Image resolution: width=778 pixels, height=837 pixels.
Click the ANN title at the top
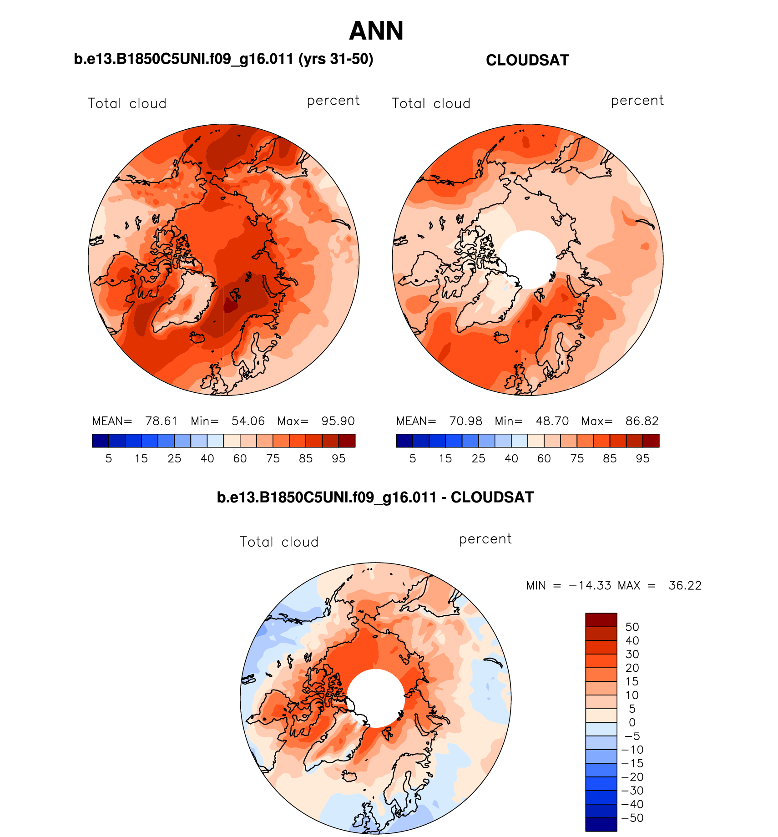376,31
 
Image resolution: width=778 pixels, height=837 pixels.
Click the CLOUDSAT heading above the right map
527,60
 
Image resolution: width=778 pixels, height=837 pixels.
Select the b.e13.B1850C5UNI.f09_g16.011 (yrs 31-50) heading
223,59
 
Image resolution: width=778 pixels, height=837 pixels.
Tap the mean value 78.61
161,421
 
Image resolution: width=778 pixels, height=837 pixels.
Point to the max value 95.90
338,421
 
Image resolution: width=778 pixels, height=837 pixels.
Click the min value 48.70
552,421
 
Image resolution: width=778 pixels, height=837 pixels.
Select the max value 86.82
642,421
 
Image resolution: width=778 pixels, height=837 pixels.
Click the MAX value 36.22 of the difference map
685,585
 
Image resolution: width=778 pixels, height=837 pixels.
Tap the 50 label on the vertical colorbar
632,627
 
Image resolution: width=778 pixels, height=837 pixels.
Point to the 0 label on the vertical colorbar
632,722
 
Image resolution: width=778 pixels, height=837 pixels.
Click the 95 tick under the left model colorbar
338,458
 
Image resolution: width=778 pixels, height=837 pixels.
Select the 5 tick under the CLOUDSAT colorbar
413,458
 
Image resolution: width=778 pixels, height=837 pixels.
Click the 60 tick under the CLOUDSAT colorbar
544,458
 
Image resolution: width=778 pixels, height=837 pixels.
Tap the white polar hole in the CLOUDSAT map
528,259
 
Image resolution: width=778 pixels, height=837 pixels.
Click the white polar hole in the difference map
376,698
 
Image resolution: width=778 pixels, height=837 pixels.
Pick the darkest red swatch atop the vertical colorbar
601,620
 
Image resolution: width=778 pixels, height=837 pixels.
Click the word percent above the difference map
485,539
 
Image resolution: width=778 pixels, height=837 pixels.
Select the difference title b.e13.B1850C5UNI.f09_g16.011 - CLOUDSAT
375,497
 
